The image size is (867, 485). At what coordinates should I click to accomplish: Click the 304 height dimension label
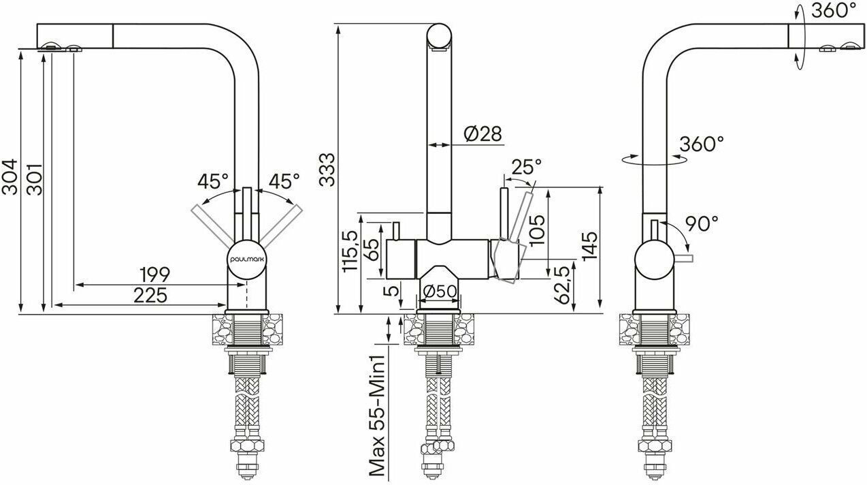tap(10, 176)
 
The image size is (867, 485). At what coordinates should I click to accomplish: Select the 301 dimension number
tap(34, 179)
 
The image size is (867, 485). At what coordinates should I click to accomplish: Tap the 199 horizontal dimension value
tap(155, 275)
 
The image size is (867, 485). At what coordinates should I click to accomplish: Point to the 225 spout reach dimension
tap(150, 296)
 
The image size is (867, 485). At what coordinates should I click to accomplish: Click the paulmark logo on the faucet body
tap(247, 260)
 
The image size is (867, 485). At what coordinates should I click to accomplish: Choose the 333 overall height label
tap(327, 170)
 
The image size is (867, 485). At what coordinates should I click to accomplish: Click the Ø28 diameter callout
tap(482, 134)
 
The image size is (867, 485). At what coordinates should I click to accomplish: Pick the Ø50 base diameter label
tap(440, 292)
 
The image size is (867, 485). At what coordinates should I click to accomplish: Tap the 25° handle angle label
tap(527, 167)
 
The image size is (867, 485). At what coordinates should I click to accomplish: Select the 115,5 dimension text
tap(350, 251)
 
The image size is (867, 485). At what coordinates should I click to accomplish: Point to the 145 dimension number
tap(589, 247)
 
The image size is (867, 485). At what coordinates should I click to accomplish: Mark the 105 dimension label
tap(537, 230)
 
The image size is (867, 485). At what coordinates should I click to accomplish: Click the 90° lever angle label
tap(702, 224)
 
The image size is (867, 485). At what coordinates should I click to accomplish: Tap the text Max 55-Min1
tap(378, 416)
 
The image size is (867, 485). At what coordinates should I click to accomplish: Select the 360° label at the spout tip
tap(834, 10)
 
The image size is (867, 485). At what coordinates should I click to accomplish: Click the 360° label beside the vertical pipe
tap(702, 144)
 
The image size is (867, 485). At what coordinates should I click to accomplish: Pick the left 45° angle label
tap(213, 181)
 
